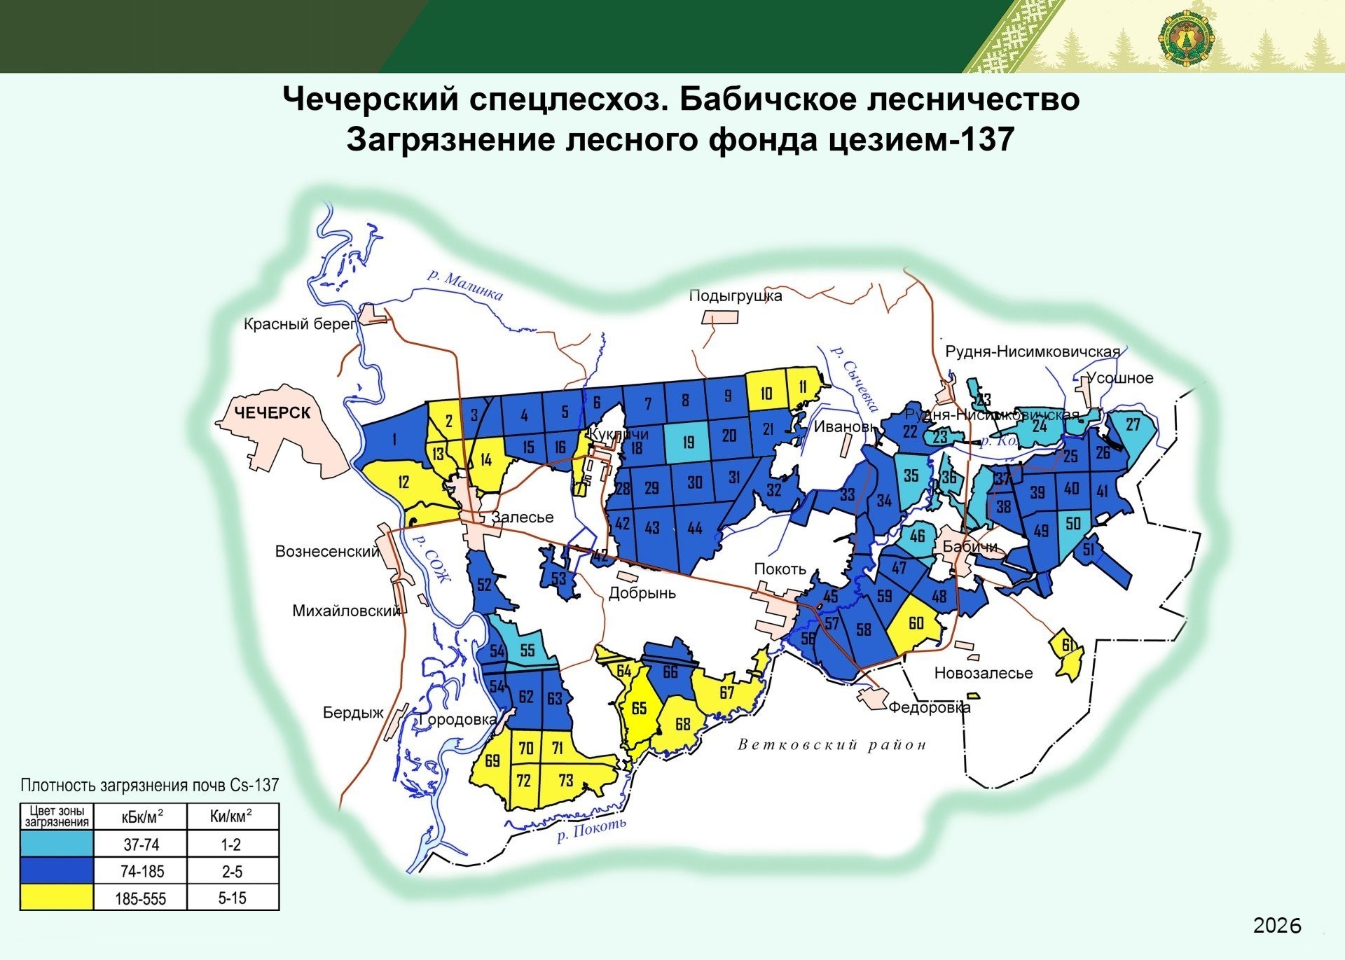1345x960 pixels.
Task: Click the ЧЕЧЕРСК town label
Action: (x=272, y=413)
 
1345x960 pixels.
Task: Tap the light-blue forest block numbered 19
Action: (x=687, y=442)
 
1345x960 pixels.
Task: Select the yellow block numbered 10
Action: (x=766, y=394)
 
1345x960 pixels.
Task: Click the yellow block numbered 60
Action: (x=916, y=623)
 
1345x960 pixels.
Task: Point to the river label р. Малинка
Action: (x=465, y=284)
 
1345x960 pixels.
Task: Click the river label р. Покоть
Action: (x=591, y=830)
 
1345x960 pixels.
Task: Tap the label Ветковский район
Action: (x=832, y=745)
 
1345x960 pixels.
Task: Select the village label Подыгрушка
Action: (x=735, y=295)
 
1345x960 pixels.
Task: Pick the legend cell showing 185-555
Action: (x=140, y=898)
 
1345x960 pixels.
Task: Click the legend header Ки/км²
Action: (x=231, y=816)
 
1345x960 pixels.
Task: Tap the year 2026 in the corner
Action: (x=1276, y=926)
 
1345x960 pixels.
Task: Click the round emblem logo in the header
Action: (x=1185, y=39)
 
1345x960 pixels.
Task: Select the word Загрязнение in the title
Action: (x=449, y=139)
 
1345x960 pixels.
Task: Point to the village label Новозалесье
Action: (x=983, y=674)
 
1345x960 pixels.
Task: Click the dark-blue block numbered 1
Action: (x=394, y=439)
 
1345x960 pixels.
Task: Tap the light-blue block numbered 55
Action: (x=527, y=651)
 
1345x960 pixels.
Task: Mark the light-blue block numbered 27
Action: (x=1132, y=425)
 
